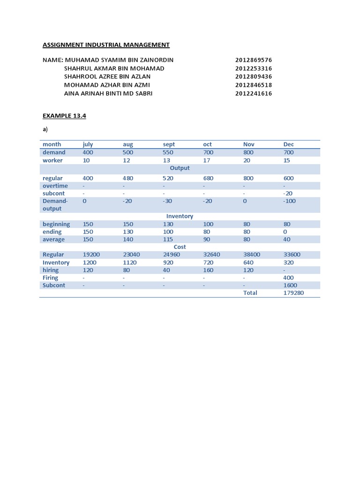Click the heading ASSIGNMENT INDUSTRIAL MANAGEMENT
point(106,45)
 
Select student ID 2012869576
point(254,60)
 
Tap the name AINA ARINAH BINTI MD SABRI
point(108,93)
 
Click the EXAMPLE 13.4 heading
point(64,116)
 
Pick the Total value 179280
point(294,293)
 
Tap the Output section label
point(180,168)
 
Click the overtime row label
point(55,186)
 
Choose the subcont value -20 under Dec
point(288,193)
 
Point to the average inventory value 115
point(168,240)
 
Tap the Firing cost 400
point(288,277)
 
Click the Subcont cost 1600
point(290,285)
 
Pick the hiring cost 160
point(208,270)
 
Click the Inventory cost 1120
point(130,262)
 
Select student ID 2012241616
point(254,93)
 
